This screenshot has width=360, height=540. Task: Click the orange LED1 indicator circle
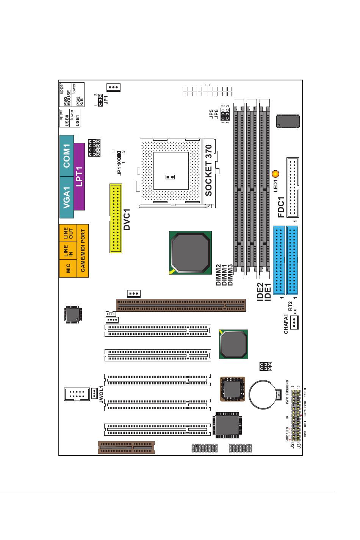[275, 174]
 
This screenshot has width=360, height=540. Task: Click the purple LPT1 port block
[80, 177]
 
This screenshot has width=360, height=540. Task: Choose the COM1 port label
[67, 156]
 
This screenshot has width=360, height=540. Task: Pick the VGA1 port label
[67, 198]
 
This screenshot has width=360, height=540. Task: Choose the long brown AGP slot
[181, 304]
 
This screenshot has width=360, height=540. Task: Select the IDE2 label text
[260, 292]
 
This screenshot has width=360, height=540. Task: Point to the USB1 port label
[78, 119]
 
